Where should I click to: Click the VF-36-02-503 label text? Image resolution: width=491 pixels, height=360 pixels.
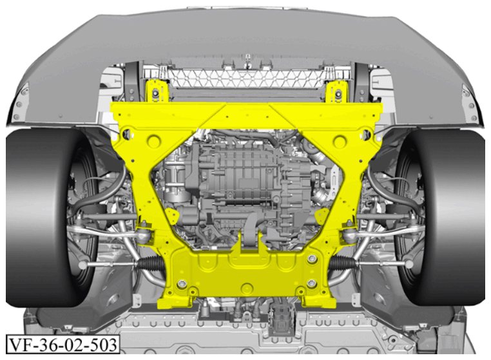tap(63, 345)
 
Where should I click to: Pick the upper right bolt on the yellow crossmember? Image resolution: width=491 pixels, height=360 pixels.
tap(312, 259)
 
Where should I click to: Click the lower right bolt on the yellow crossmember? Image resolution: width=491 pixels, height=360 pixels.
tap(311, 283)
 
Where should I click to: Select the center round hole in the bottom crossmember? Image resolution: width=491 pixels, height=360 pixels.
tap(247, 288)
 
